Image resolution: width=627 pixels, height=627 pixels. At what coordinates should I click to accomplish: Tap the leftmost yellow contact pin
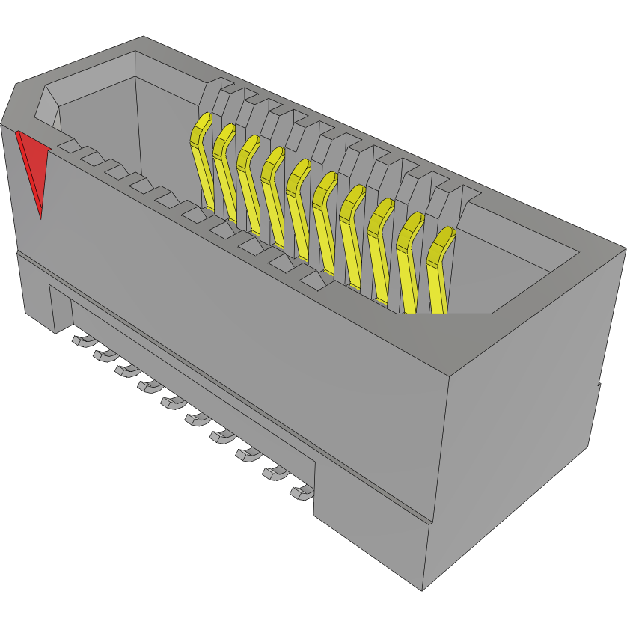[x=201, y=157]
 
